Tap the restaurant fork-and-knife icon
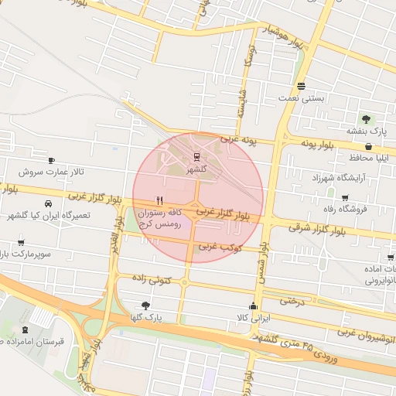[159, 199]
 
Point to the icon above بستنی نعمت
[301, 86]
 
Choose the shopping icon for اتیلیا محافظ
[370, 145]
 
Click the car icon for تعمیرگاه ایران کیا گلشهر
[49, 203]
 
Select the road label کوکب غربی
[221, 247]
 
